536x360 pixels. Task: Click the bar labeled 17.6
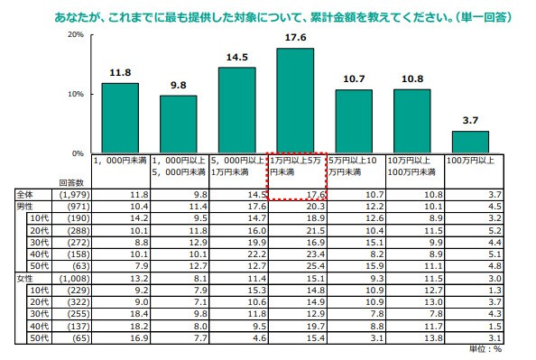point(295,100)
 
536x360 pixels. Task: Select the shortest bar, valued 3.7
point(470,143)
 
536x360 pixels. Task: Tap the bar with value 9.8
point(179,124)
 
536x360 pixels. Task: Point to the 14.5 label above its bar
point(237,58)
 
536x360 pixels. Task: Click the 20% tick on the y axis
point(75,34)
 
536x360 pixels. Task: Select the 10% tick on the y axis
point(75,94)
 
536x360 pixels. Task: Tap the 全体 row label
point(26,194)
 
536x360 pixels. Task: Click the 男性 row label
point(26,207)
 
